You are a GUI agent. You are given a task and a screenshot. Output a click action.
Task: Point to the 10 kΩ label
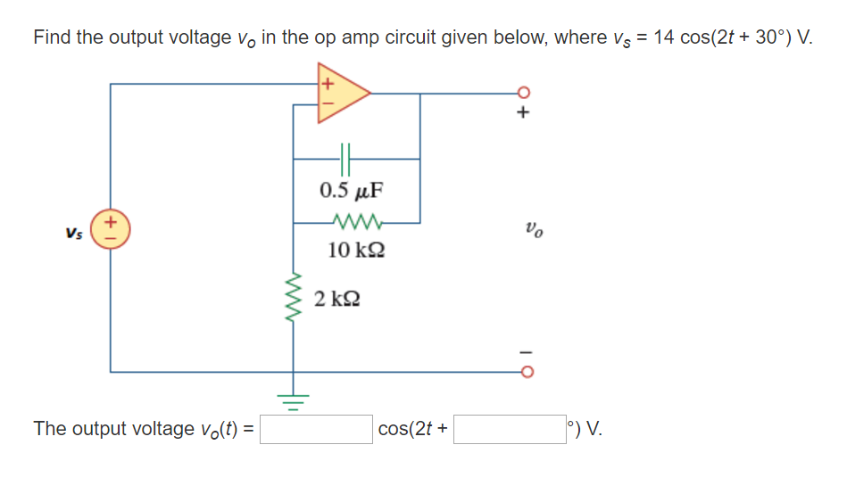point(357,250)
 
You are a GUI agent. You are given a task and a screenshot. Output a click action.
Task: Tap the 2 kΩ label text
point(337,299)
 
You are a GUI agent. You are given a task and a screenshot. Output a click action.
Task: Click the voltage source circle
point(111,228)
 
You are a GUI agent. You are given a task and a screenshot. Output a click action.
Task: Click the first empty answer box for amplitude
point(317,429)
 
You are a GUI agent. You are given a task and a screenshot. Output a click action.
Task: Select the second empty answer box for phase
point(510,429)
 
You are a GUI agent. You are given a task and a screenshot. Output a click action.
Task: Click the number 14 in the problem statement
point(664,38)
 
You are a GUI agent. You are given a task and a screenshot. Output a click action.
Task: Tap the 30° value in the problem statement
point(771,38)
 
